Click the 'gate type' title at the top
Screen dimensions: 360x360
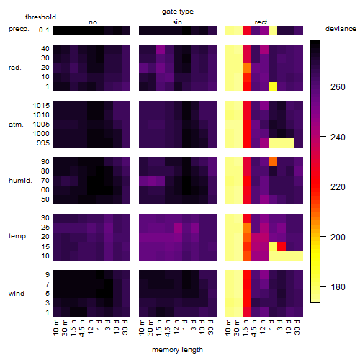[178, 12]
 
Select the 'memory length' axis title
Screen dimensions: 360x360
[177, 350]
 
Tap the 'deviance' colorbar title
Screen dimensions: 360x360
[341, 29]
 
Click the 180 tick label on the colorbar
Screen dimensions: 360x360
[338, 287]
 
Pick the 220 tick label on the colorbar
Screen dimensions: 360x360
[338, 186]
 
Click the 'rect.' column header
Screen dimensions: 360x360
[261, 22]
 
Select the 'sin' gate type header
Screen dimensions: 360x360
[177, 22]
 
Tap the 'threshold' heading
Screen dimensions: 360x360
[40, 17]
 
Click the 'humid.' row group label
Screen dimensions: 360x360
[20, 180]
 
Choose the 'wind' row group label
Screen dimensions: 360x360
[17, 293]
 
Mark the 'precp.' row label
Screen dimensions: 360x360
[19, 29]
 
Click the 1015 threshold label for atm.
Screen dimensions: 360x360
[41, 105]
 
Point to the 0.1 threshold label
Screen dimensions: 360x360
[44, 30]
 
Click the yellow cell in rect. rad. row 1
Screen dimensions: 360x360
[273, 86]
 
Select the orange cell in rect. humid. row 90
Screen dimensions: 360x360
[273, 162]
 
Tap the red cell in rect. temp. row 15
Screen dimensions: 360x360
[282, 246]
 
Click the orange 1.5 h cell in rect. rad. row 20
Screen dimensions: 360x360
[247, 68]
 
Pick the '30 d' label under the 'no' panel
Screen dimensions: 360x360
[125, 327]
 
